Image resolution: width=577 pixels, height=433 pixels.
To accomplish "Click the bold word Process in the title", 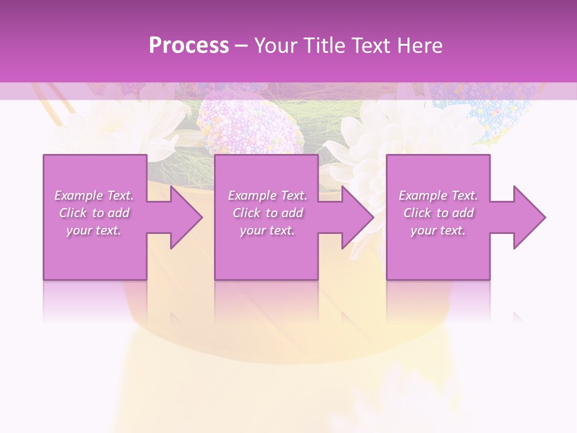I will [x=189, y=46].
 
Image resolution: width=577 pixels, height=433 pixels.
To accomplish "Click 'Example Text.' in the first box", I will [x=94, y=195].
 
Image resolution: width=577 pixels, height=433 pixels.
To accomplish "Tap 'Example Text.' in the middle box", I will [x=267, y=195].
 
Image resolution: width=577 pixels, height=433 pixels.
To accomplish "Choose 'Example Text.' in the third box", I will [x=438, y=195].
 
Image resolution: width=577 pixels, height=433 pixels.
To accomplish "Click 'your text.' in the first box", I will [x=94, y=230].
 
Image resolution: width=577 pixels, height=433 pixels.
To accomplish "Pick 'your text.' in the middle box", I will [x=267, y=230].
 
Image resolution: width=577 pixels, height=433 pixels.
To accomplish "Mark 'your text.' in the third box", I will [x=438, y=230].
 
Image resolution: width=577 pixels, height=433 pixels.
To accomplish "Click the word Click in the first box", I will [x=73, y=213].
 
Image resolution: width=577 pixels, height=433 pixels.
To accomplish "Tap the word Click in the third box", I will [x=417, y=213].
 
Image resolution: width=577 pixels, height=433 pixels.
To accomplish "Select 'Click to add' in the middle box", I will [x=267, y=213].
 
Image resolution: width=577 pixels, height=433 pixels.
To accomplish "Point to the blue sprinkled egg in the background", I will [x=487, y=108].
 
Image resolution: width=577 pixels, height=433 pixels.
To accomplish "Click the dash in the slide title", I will [x=242, y=46].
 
